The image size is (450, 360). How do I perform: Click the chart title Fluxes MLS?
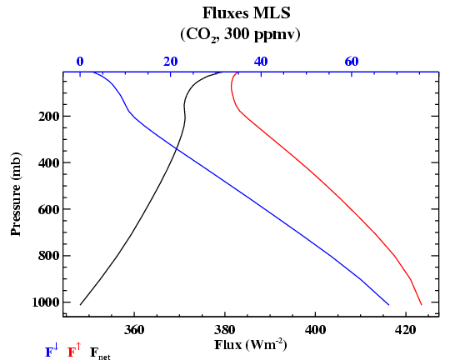[x=246, y=13]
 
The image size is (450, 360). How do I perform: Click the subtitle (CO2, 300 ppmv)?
[x=240, y=35]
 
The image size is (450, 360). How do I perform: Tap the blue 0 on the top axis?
[x=80, y=62]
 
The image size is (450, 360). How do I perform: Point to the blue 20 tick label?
[x=171, y=62]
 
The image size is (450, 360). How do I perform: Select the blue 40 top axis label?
[x=261, y=62]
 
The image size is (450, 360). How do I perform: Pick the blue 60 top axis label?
[x=352, y=62]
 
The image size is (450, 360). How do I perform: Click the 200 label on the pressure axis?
[x=49, y=117]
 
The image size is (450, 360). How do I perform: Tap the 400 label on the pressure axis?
[x=49, y=162]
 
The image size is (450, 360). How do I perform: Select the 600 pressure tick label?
[x=49, y=209]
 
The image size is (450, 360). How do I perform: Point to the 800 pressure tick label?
[x=49, y=256]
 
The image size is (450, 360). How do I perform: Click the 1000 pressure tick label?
[x=46, y=302]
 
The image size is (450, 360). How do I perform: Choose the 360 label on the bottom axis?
[x=134, y=330]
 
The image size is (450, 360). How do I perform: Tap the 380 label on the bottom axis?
[x=225, y=330]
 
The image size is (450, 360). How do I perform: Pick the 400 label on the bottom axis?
[x=315, y=330]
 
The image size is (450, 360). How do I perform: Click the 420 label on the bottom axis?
[x=406, y=330]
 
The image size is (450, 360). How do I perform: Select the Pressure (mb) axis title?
[x=16, y=194]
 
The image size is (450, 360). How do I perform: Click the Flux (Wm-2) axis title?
[x=250, y=345]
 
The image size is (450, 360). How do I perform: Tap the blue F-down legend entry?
[x=52, y=351]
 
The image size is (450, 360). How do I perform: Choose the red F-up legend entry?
[x=74, y=351]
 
